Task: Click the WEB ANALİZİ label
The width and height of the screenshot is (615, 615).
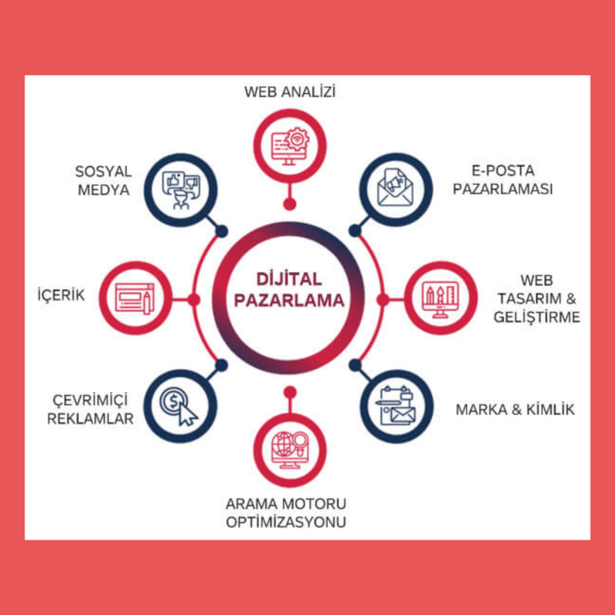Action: click(290, 92)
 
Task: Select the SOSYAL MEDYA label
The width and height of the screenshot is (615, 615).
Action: click(104, 178)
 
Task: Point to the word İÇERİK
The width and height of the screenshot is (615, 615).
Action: click(61, 296)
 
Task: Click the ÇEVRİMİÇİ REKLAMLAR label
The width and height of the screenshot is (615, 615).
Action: click(91, 408)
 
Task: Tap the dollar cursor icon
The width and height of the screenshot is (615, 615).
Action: click(179, 403)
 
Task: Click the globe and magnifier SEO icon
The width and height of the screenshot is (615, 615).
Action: click(290, 447)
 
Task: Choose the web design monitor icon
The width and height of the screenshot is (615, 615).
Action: click(441, 298)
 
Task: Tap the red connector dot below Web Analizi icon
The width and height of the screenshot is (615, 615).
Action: click(290, 204)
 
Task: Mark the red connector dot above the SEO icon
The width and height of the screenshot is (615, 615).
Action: click(290, 392)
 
